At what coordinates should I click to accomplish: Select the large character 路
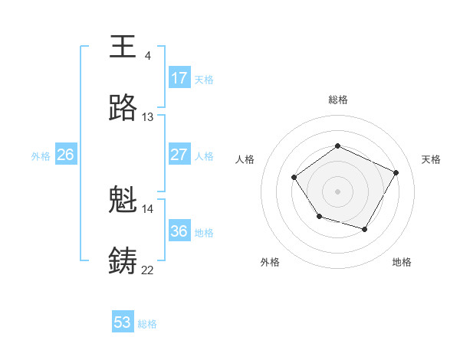[123, 109]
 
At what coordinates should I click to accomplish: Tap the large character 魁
[123, 201]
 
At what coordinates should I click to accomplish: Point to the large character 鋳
[123, 260]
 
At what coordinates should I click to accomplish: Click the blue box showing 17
[179, 78]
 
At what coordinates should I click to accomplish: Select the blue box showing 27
[179, 155]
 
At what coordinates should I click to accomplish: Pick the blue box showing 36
[179, 231]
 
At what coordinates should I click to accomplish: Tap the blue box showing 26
[66, 155]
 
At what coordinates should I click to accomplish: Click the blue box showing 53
[123, 322]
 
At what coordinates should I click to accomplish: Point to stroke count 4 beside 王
[147, 55]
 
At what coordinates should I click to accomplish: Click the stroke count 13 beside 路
[148, 117]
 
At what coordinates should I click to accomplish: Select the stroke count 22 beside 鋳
[147, 270]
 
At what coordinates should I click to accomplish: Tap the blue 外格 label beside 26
[41, 156]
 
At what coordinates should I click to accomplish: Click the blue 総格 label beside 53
[147, 324]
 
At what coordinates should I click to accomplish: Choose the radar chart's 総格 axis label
[337, 100]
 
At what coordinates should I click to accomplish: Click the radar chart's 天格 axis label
[431, 159]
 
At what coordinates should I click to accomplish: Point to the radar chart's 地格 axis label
[402, 262]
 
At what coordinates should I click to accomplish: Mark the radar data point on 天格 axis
[396, 172]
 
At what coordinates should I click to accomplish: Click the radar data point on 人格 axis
[294, 178]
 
